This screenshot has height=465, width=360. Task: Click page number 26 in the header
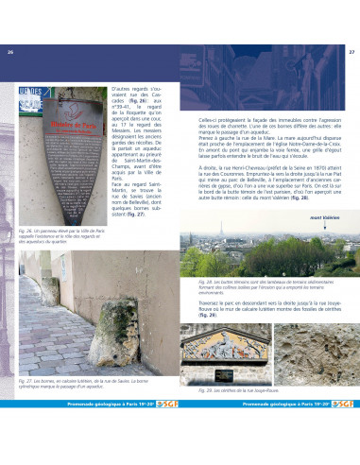[x=11, y=51]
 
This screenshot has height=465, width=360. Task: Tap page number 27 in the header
[x=351, y=51]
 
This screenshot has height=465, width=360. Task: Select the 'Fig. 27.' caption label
[x=26, y=406]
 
